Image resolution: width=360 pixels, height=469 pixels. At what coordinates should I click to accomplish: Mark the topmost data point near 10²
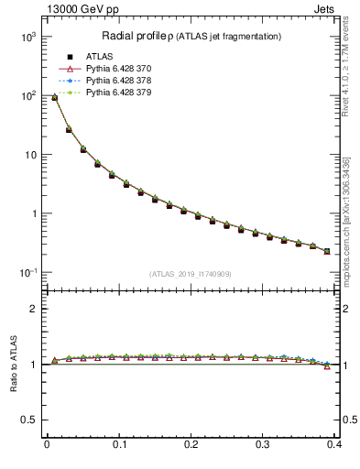click(54, 97)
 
